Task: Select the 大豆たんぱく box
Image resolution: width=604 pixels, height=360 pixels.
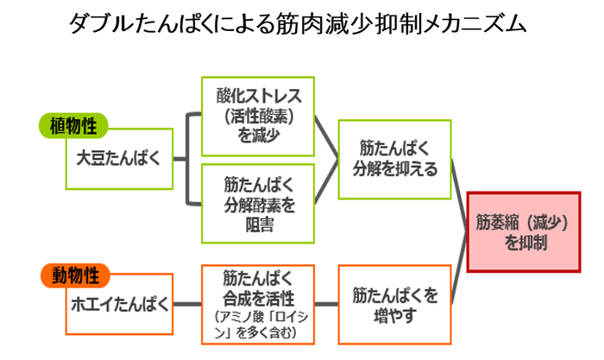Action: pos(118,159)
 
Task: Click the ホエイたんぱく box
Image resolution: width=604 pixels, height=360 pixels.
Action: pos(119,305)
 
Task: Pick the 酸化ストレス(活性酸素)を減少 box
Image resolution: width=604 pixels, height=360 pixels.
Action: pos(253,112)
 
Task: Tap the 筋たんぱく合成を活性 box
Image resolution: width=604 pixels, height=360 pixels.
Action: pos(253,301)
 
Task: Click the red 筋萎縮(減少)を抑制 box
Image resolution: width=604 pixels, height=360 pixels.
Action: pos(521,231)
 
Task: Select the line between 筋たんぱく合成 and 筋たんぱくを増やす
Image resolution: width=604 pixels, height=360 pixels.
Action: pos(321,304)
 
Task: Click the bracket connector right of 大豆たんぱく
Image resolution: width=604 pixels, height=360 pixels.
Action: pos(186,159)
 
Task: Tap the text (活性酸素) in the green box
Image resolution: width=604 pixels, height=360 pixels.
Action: pos(253,113)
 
